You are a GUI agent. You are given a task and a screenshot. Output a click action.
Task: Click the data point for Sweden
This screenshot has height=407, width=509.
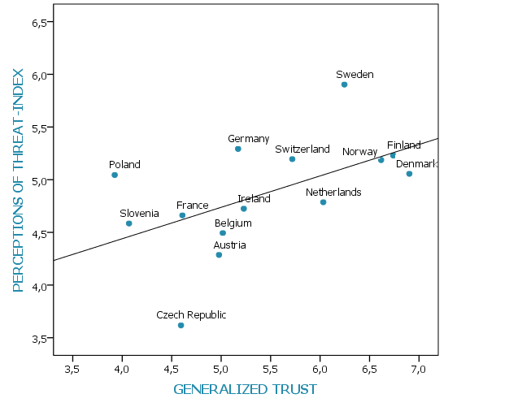point(344,84)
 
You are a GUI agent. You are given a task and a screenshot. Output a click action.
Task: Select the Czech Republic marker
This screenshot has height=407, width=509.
point(181,325)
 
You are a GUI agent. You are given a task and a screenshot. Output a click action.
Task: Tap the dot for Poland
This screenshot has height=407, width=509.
point(115,175)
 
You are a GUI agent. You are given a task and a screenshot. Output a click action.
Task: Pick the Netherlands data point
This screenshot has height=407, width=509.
point(323,202)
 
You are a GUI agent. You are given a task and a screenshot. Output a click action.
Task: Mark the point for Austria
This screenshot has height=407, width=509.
point(219,255)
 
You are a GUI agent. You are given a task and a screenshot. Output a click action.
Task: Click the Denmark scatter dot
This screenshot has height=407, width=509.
point(409,174)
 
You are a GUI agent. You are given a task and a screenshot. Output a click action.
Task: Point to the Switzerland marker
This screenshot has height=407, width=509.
point(292,159)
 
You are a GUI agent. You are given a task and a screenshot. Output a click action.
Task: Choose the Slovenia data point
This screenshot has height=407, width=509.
point(128,223)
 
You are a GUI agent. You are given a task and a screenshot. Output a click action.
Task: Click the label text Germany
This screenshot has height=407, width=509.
point(248,139)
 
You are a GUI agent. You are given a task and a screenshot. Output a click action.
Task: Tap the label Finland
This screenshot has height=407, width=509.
point(403,145)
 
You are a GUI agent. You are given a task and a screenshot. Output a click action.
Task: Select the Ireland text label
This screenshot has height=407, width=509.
point(254,199)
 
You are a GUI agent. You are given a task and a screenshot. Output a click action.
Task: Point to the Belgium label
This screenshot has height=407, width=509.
point(233,223)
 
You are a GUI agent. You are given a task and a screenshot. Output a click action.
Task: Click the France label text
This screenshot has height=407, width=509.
point(193,206)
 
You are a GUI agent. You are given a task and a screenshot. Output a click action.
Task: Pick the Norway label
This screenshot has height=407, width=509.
point(359,152)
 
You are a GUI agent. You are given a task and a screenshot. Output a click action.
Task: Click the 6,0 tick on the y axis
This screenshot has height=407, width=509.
point(41,75)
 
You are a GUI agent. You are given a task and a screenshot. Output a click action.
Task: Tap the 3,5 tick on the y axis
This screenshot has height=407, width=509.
point(41,338)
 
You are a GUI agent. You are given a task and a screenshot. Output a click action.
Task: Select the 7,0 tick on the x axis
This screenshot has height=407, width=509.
point(418,370)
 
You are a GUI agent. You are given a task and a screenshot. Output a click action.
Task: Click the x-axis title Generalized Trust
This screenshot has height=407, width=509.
point(245,390)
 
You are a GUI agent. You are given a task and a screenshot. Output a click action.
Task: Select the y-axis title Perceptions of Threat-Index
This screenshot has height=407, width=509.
point(18,180)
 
